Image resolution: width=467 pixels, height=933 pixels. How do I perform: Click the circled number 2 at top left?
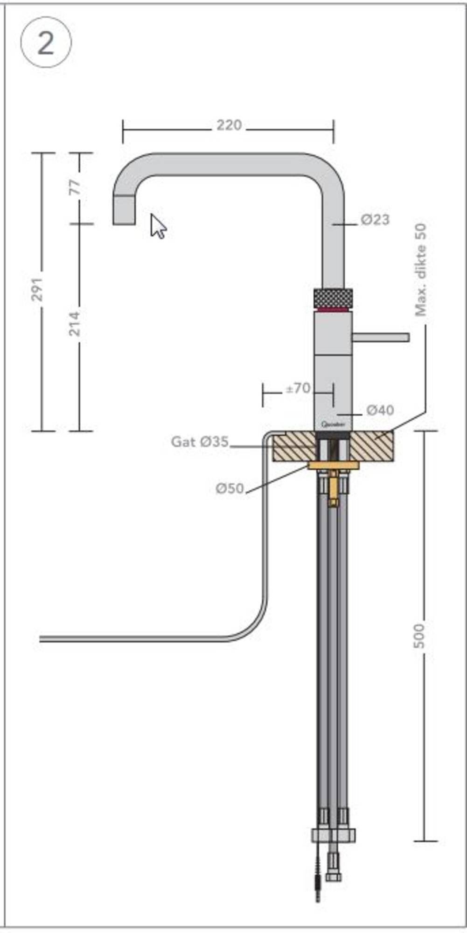tap(46, 43)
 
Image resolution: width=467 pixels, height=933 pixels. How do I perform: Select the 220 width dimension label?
tap(229, 125)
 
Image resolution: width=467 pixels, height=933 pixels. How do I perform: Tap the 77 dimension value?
tap(75, 188)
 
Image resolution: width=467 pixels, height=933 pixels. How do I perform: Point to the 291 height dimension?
tap(37, 289)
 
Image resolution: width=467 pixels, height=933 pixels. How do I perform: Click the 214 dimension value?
tap(75, 323)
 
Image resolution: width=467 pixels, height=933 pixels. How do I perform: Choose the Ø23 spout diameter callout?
tap(375, 219)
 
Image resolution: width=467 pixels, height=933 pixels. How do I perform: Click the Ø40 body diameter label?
tap(380, 411)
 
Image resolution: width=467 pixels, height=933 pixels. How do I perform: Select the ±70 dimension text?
tap(298, 388)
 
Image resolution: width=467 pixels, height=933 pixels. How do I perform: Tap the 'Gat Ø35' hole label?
tap(200, 441)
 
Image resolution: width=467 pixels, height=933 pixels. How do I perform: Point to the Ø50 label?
tap(230, 488)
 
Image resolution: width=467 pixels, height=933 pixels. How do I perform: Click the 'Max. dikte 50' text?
tap(421, 270)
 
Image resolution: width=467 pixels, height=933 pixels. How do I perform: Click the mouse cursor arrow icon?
tap(158, 226)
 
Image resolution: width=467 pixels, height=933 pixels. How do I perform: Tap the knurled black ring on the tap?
tap(333, 298)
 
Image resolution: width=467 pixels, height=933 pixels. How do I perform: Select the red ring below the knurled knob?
tap(333, 309)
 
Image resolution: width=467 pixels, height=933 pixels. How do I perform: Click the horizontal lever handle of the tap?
tap(381, 337)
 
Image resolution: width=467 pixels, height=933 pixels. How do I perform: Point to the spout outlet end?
tap(124, 211)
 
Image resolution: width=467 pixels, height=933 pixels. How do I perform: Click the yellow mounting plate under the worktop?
tap(333, 465)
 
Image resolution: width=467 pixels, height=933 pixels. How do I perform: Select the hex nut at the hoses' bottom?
tap(333, 835)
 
